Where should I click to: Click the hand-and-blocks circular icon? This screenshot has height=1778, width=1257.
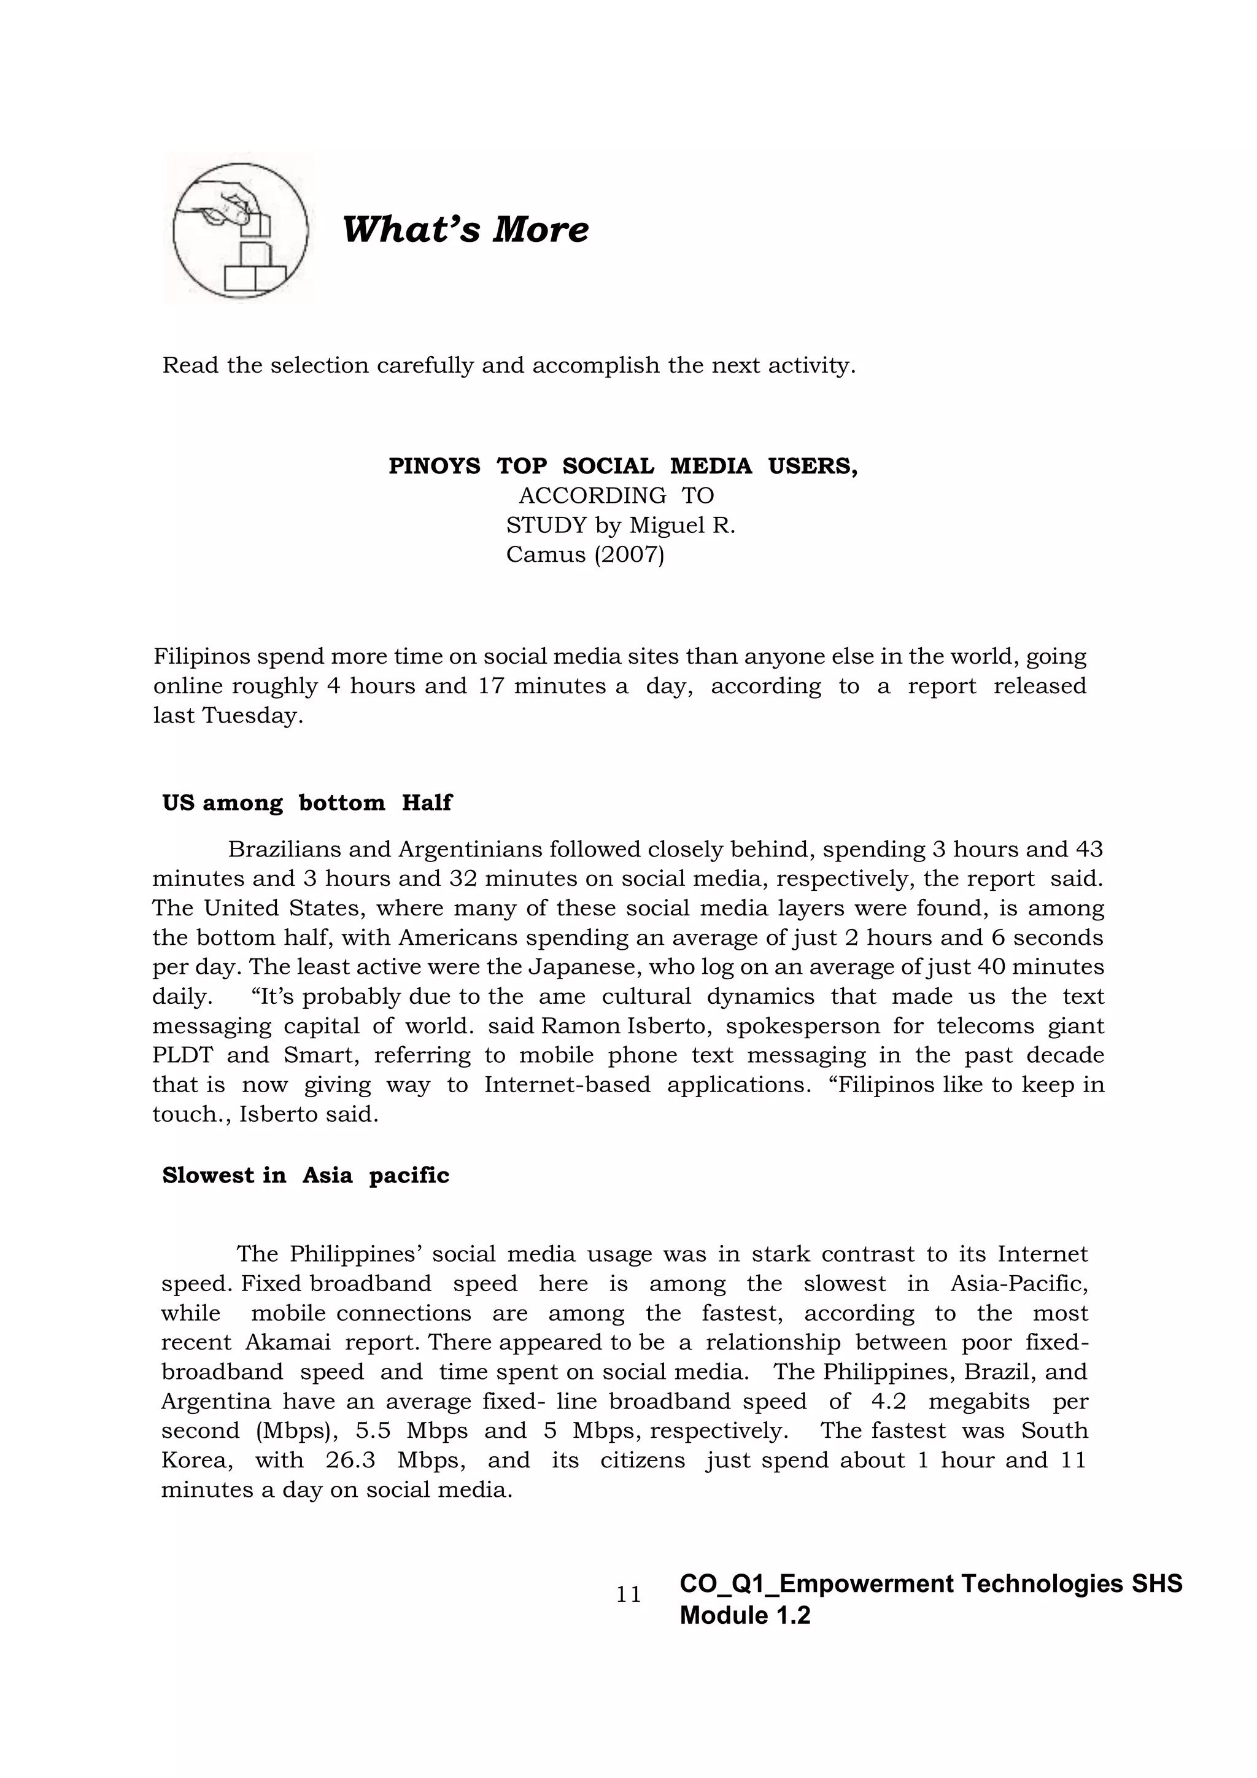[240, 230]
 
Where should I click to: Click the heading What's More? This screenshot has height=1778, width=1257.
[465, 230]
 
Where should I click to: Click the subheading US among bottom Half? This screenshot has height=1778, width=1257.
[306, 803]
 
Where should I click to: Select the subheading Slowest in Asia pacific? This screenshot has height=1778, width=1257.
[305, 1176]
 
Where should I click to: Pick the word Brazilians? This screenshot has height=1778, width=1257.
[284, 850]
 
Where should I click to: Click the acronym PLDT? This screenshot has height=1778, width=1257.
[181, 1055]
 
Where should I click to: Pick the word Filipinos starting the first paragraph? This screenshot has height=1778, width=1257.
[201, 657]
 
